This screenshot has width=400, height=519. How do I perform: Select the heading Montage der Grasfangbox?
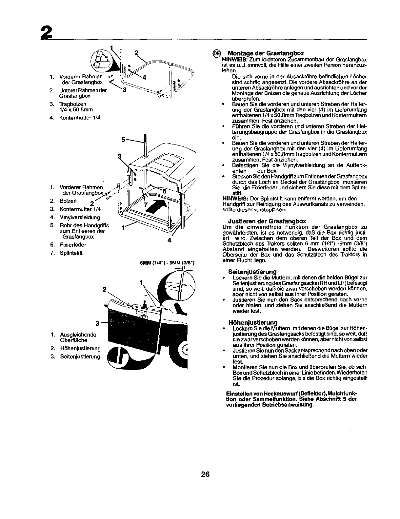click(266, 53)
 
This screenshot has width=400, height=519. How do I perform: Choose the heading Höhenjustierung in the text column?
click(252, 322)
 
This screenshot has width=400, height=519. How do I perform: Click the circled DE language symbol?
click(217, 54)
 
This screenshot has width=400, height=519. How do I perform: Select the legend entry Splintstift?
click(71, 253)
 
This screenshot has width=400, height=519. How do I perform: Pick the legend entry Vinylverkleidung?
click(80, 217)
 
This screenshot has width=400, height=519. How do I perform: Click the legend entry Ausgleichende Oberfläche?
click(78, 337)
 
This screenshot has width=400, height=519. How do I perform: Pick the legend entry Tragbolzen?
click(72, 104)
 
